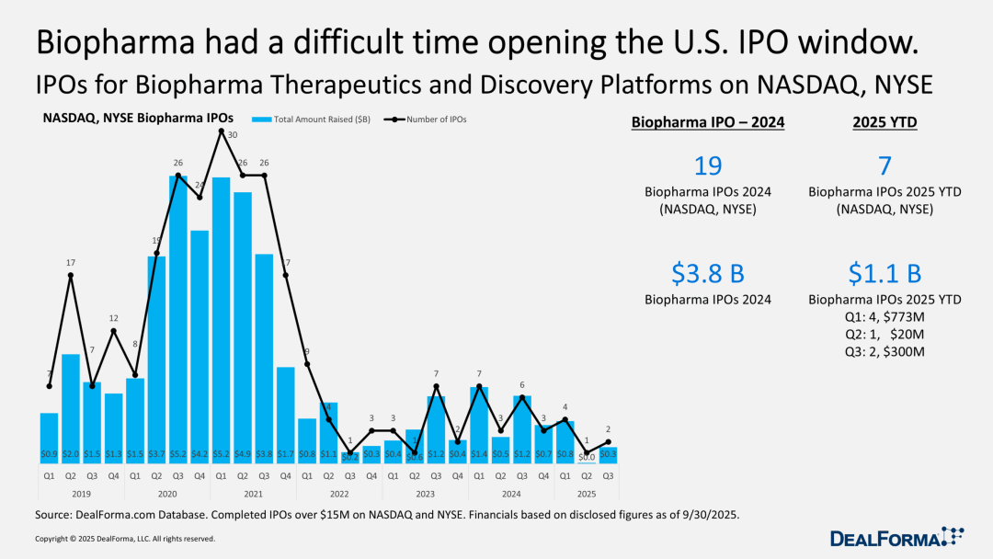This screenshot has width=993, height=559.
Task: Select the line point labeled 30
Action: pyautogui.click(x=221, y=131)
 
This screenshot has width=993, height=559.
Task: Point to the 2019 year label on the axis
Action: pyautogui.click(x=82, y=494)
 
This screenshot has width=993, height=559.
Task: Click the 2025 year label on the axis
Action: pyautogui.click(x=586, y=494)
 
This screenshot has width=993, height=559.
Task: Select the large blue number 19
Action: pyautogui.click(x=708, y=166)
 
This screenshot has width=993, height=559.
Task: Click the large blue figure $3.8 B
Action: pyautogui.click(x=708, y=274)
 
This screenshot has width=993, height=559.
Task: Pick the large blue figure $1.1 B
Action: pyautogui.click(x=885, y=274)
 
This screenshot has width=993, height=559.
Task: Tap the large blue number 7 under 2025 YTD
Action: pyautogui.click(x=885, y=166)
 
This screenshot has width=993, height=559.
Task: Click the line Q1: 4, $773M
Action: pyautogui.click(x=885, y=317)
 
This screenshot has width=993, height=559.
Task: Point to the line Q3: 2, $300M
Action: pyautogui.click(x=885, y=352)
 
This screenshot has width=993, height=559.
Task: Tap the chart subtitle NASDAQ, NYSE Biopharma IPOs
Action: pyautogui.click(x=138, y=118)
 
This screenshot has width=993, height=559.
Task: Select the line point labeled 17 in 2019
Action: pyautogui.click(x=71, y=275)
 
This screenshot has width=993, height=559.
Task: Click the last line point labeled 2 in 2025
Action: pyautogui.click(x=608, y=441)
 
